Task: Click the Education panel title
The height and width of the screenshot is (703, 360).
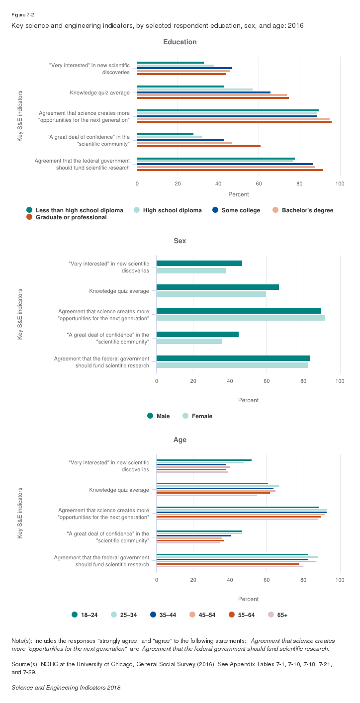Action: point(180,42)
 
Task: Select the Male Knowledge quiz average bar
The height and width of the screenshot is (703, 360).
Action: point(218,287)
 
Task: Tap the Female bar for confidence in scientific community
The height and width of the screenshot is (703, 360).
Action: point(189,342)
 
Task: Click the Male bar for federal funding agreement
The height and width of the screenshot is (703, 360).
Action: point(233,358)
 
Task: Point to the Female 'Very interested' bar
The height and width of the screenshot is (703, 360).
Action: point(191,271)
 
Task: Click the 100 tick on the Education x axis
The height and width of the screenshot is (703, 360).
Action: point(340,184)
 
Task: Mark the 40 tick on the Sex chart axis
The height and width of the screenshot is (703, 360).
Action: point(230,381)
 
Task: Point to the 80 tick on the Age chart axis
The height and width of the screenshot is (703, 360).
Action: point(303,580)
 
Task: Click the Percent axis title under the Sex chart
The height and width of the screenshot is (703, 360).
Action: point(248,400)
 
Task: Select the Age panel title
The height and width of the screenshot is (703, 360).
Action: point(180,440)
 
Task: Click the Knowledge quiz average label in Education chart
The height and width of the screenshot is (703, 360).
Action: point(99,92)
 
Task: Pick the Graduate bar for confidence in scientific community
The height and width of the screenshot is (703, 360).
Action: point(199,146)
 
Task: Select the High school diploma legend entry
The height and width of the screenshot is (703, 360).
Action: point(172,210)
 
